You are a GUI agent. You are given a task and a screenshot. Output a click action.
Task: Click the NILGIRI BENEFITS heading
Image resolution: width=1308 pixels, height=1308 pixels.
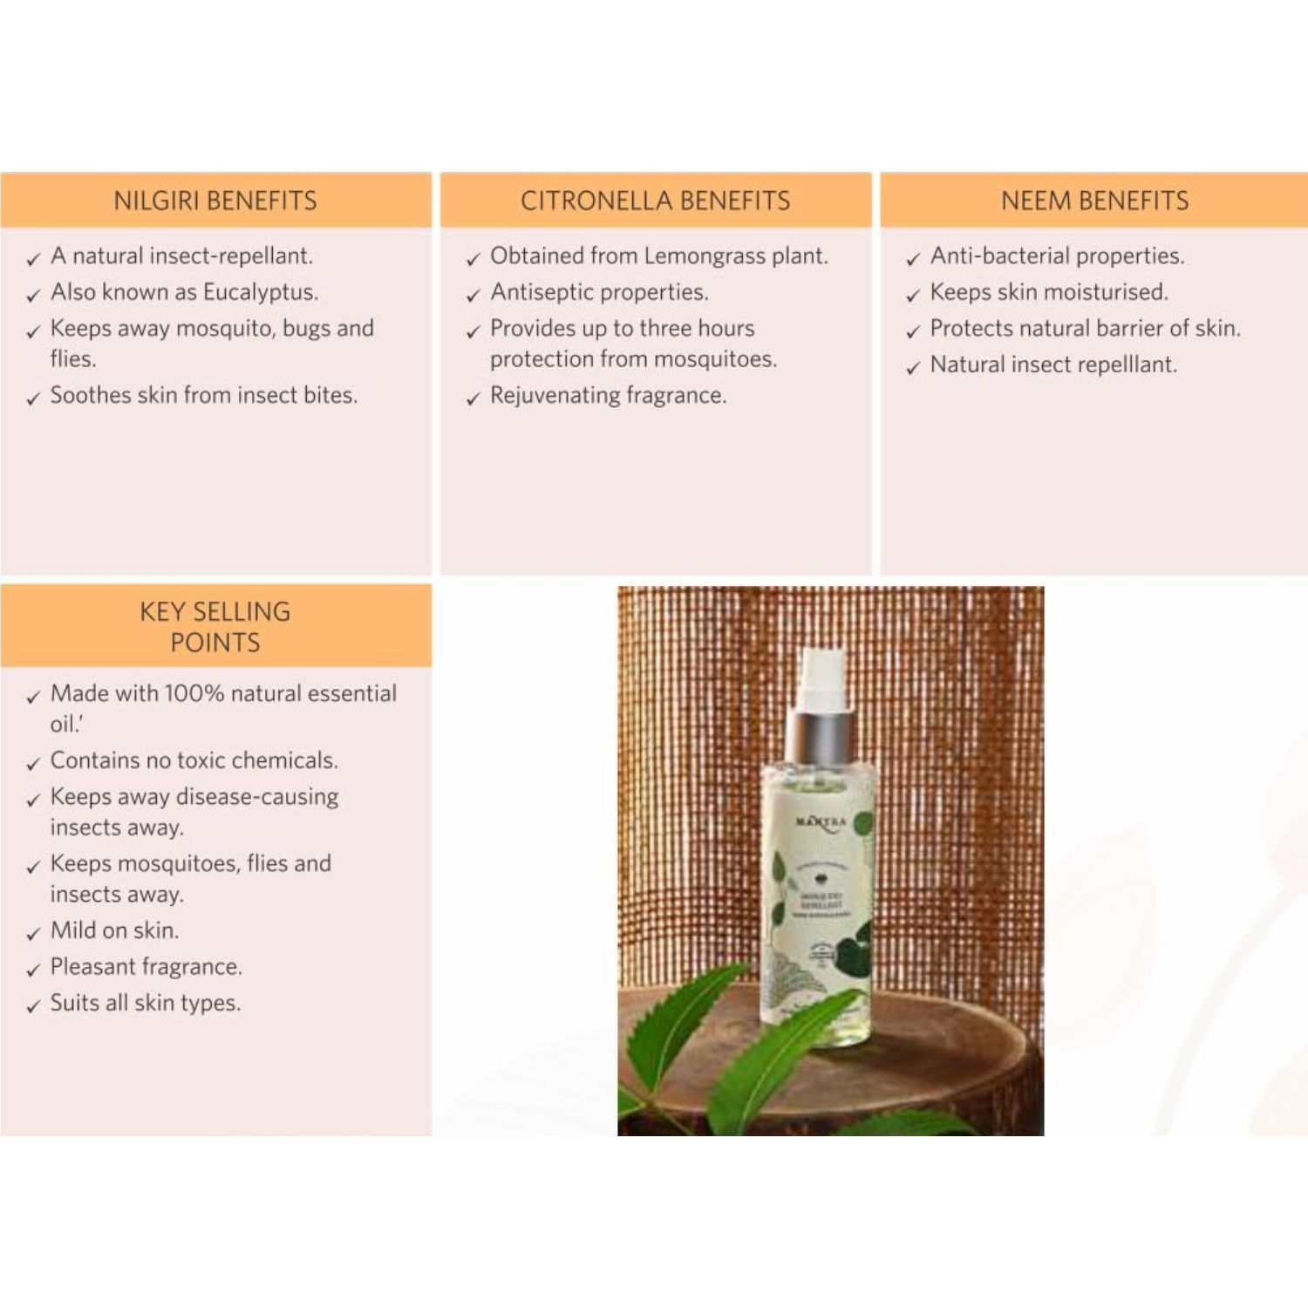(x=215, y=201)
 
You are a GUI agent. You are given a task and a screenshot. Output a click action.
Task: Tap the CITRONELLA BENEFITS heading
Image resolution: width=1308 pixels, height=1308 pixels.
(x=656, y=201)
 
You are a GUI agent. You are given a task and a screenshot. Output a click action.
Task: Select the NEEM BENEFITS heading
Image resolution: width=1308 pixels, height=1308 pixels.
(x=1094, y=201)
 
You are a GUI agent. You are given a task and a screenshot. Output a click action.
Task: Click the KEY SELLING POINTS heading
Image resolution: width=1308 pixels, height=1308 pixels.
(x=215, y=627)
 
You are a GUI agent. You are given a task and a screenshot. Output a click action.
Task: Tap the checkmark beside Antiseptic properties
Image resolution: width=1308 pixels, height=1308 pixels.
(x=473, y=296)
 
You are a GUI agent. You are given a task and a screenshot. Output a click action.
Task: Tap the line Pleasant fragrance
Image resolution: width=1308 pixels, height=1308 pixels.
(x=146, y=967)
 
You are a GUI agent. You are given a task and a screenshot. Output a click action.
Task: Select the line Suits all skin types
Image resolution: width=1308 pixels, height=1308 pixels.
(x=145, y=1004)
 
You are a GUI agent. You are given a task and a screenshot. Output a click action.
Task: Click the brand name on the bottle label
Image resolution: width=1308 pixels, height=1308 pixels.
(x=821, y=822)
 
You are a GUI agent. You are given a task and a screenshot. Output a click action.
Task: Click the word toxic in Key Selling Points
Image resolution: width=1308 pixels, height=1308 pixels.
(x=201, y=761)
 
